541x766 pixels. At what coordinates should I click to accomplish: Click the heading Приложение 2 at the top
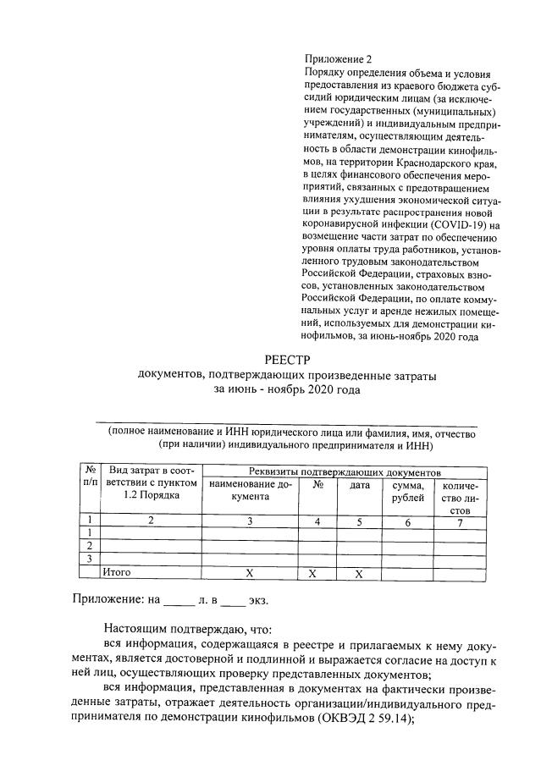[337, 59]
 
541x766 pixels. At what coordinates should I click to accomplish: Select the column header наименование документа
[249, 491]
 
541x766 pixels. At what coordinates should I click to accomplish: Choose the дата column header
[360, 485]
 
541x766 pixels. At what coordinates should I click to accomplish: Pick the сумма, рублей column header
[407, 491]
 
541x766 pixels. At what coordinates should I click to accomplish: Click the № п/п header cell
[89, 476]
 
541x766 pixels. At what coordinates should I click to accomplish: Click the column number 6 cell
[407, 522]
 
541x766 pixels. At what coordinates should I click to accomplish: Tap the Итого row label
[117, 573]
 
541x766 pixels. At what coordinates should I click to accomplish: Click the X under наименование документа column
[249, 574]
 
